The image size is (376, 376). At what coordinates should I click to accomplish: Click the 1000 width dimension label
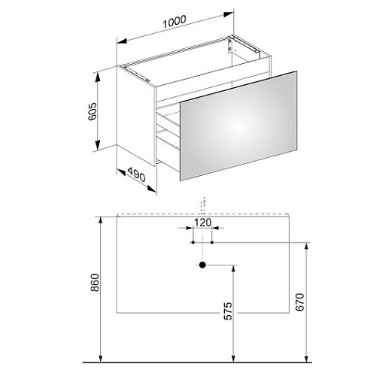174,22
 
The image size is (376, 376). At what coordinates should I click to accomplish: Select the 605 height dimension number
92,111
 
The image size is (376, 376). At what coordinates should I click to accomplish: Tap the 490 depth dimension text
137,174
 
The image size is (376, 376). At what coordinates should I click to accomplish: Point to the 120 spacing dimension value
202,223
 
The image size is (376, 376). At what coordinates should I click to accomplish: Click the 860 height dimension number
95,283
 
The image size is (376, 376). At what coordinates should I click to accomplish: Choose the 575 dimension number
228,311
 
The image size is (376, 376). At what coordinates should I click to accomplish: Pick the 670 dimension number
300,302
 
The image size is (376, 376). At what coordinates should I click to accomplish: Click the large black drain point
202,265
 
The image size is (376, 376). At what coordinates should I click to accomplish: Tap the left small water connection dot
193,242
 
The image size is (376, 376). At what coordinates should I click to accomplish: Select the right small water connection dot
212,242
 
